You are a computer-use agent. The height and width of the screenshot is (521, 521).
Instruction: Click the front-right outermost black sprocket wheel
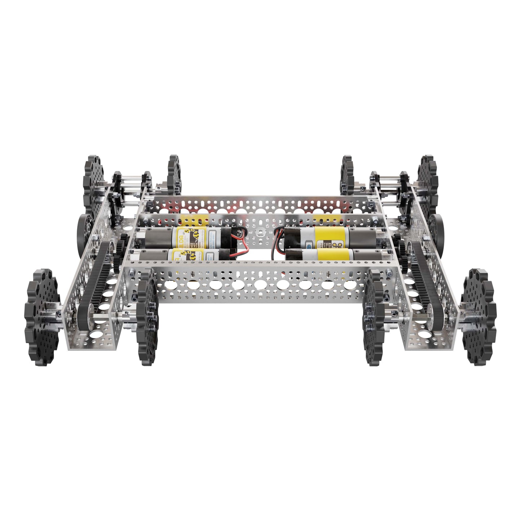(x=480, y=317)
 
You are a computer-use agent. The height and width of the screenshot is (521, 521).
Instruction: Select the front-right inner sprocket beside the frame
(x=374, y=317)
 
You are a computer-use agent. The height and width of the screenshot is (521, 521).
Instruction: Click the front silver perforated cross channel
(x=260, y=285)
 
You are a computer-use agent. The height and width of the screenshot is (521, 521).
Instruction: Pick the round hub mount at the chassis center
(x=259, y=231)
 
